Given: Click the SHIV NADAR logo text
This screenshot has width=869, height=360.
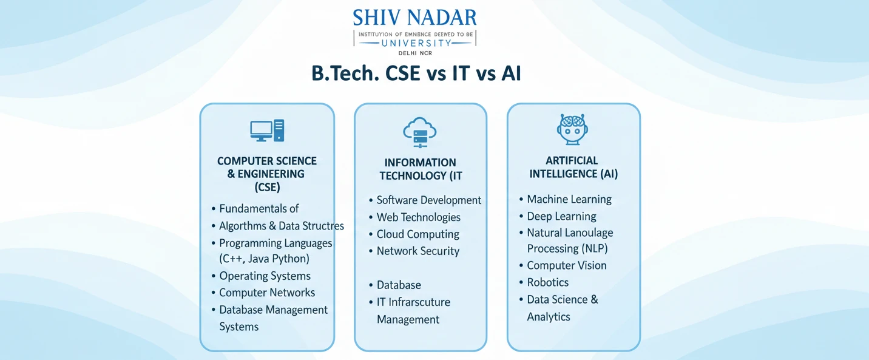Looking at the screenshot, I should pos(415,17).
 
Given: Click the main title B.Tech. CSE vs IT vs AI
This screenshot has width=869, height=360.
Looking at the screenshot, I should pos(416,73).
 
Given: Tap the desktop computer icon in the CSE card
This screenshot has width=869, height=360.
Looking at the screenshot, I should pos(267,131).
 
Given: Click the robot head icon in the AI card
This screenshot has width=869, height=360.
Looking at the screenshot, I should pos(573,129).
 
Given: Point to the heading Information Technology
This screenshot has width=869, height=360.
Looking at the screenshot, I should pos(420,169).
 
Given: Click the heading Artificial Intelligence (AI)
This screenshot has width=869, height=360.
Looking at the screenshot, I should pos(573,167).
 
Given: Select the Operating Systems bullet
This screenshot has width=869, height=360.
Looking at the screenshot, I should pos(265,276).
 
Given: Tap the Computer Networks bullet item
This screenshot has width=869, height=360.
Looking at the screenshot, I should pos(267,293).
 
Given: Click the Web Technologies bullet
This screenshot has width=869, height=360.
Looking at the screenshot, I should pos(418,217).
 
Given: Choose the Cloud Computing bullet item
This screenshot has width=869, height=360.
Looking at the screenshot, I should pos(418,234).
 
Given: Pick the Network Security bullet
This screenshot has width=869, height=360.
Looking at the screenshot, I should pos(418,251).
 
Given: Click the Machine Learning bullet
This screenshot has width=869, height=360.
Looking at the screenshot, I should pos(569,199).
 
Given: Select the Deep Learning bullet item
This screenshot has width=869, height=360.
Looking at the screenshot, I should pos(561,216).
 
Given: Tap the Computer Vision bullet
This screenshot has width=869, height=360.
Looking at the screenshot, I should pos(567,265).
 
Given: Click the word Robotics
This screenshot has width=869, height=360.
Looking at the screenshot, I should pos(547,282).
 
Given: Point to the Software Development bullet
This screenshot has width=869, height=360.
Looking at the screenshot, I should pos(428,200).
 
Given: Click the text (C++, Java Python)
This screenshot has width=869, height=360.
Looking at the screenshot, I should pos(264,259).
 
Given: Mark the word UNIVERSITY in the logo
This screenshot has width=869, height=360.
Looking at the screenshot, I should pos(416,43).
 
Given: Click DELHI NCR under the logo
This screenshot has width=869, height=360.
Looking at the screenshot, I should pos(416,53).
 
